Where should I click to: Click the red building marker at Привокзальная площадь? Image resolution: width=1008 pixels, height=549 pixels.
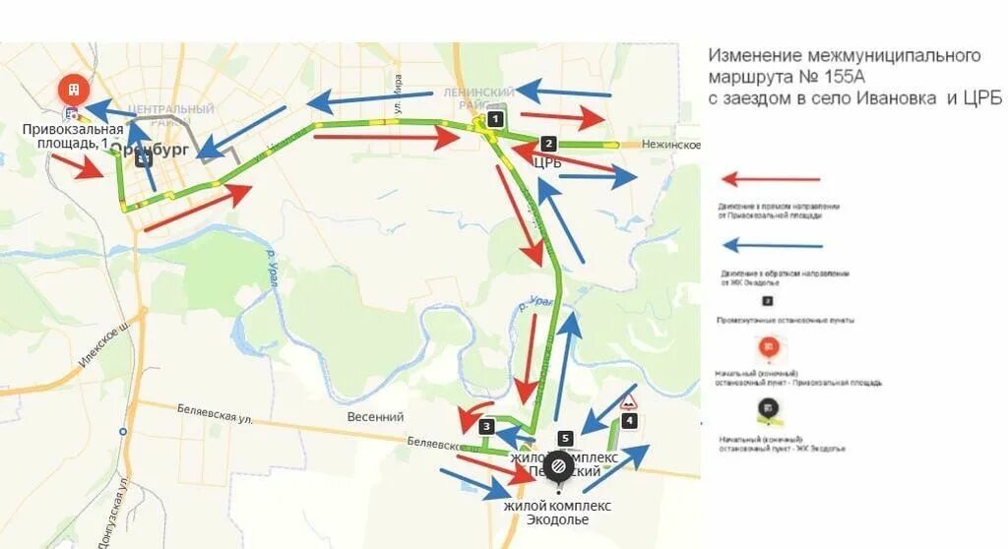pos(73,91)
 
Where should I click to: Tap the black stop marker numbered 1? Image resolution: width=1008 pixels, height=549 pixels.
pos(495,119)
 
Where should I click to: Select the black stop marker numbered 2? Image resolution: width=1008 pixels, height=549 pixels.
pos(549,143)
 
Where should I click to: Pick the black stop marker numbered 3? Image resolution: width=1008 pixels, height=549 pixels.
pos(486,426)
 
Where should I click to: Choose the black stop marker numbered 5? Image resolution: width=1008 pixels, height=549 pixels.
pos(564,438)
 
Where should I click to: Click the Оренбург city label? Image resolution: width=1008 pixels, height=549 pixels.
pos(150,150)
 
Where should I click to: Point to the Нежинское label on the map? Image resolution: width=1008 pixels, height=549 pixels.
pos(671,145)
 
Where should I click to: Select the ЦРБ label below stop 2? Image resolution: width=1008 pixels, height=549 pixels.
pos(546,162)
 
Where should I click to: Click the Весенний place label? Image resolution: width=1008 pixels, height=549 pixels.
pos(375,416)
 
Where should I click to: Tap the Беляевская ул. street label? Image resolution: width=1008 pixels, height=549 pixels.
pos(215,413)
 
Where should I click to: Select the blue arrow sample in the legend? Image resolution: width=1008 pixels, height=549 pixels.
pos(773,245)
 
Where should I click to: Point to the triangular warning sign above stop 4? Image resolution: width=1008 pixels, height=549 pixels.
pos(627,399)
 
